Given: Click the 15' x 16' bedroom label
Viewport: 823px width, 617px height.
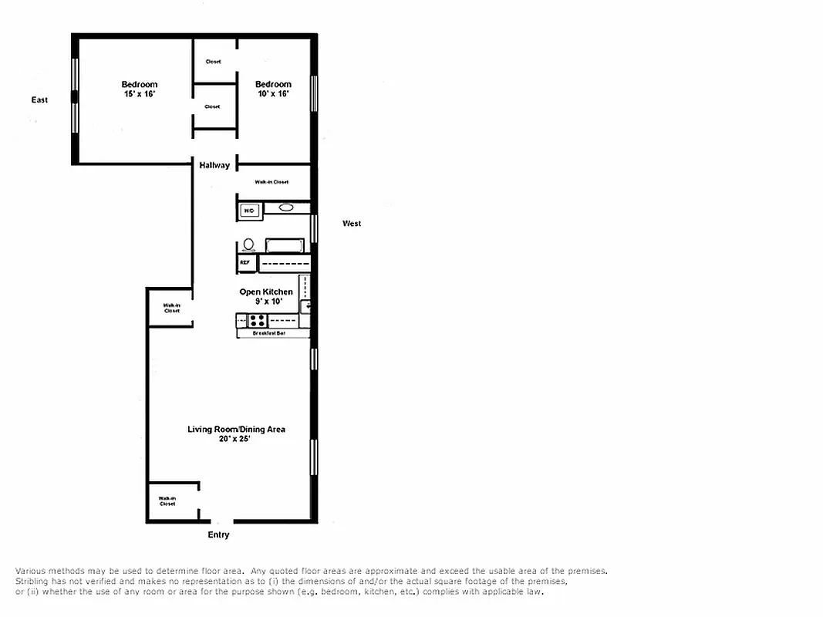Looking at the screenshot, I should [139, 89].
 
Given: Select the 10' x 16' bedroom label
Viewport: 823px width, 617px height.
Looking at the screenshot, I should [273, 89].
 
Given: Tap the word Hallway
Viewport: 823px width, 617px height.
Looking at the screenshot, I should [214, 165].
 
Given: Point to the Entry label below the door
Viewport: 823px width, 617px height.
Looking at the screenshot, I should [218, 534].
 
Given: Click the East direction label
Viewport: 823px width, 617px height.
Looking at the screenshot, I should [39, 99].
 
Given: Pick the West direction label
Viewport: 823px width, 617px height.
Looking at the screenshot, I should [352, 224].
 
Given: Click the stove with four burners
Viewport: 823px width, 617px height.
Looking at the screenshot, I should [258, 321].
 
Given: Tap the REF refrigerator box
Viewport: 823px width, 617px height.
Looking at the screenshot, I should [245, 263].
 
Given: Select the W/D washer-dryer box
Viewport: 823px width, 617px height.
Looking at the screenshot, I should [249, 210].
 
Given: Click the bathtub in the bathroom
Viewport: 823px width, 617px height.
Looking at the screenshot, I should [285, 246].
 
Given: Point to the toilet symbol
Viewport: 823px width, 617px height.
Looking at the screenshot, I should [248, 245].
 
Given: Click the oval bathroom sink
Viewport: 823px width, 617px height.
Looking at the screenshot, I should [286, 207].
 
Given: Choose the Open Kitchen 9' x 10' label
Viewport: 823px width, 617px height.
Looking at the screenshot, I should [266, 297].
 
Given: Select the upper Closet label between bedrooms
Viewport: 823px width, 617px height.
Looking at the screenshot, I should [214, 62].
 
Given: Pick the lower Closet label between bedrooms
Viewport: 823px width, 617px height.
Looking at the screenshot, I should [213, 106].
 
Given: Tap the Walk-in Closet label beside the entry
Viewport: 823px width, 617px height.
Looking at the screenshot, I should [167, 501].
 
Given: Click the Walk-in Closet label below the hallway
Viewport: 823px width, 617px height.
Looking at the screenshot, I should [272, 182].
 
